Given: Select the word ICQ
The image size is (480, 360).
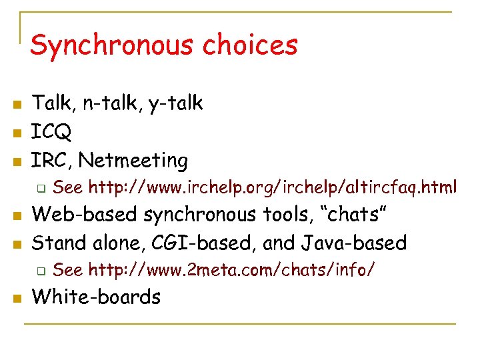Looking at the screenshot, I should click(x=52, y=132).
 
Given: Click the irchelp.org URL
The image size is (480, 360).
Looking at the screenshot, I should click(x=273, y=189).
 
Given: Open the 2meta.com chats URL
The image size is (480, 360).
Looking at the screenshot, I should click(x=231, y=270).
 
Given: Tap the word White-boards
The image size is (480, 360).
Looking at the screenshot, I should click(x=96, y=297).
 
